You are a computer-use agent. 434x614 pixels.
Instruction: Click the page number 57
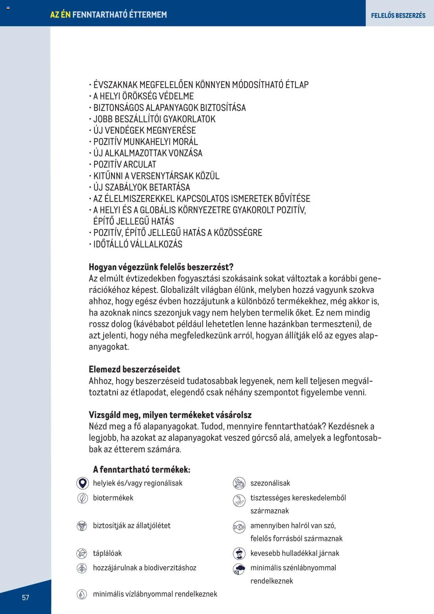tap(25, 597)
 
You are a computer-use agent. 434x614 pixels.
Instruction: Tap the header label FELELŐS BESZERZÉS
tap(398, 15)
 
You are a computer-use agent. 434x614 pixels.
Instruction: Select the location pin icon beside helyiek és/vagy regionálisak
tap(82, 483)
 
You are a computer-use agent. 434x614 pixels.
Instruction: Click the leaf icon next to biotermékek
tap(82, 498)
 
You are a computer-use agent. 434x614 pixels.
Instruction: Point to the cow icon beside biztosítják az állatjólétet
tap(82, 526)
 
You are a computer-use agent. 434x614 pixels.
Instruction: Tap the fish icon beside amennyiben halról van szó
tap(239, 527)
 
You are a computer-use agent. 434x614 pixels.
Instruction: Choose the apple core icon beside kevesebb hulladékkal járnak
tap(239, 554)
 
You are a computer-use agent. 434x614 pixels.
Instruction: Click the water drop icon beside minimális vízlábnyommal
tap(82, 594)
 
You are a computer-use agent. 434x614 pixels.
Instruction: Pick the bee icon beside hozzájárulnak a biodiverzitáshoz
tap(82, 568)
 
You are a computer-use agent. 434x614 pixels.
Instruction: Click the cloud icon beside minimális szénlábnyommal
tap(239, 569)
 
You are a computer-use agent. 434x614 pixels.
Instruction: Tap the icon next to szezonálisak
tap(239, 483)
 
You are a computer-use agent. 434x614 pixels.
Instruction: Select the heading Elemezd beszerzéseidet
tap(134, 369)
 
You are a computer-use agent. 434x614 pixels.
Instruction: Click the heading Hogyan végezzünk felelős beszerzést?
tap(161, 267)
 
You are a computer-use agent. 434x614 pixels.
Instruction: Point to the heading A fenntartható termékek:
tap(141, 469)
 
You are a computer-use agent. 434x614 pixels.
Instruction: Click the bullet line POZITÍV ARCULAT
tap(124, 165)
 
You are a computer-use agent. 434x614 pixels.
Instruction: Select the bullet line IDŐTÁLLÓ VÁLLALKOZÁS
tap(138, 244)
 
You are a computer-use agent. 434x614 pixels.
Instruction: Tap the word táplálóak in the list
tap(107, 553)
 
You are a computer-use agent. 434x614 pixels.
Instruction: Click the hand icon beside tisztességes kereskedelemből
tap(239, 500)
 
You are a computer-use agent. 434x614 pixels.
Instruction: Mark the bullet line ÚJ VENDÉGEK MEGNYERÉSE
tap(144, 130)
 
